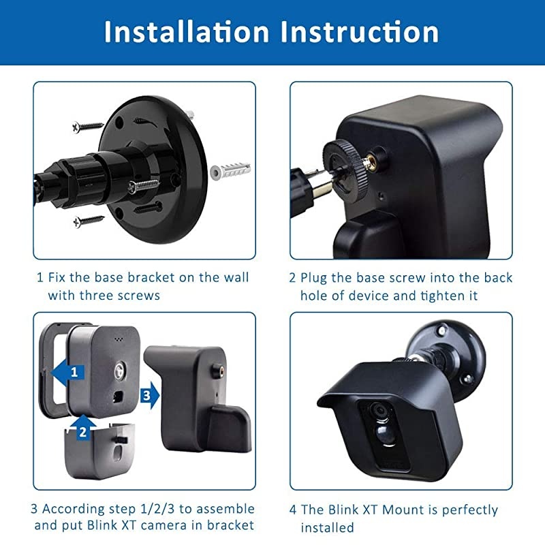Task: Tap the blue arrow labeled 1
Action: (x=69, y=371)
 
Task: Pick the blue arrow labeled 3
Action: (x=149, y=394)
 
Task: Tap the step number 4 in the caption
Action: (x=294, y=510)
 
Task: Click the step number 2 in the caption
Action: (x=294, y=278)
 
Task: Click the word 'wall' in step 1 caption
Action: (x=236, y=278)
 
